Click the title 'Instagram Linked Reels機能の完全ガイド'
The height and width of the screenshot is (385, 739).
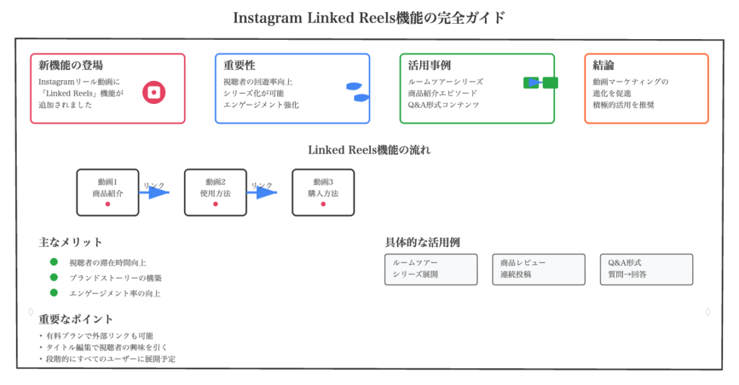[369, 17]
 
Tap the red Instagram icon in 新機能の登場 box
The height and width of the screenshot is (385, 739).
[154, 92]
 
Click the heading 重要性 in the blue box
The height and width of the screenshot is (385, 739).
[240, 66]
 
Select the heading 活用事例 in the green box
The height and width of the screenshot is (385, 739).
[429, 66]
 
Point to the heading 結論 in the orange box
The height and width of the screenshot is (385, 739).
[603, 66]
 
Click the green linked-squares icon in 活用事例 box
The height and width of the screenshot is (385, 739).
[541, 82]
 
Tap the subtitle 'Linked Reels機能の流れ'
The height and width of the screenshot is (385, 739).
[369, 150]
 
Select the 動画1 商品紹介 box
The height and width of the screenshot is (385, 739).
[108, 192]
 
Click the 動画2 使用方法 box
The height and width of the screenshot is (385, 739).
[215, 192]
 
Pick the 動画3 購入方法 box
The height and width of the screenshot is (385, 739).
[323, 192]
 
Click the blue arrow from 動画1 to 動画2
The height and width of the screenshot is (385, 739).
[156, 192]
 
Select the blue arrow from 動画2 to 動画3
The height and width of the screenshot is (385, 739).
[264, 192]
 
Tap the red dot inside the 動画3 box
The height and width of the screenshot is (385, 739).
[323, 204]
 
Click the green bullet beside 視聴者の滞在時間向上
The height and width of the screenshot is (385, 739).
[53, 262]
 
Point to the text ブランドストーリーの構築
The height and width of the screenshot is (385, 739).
[115, 278]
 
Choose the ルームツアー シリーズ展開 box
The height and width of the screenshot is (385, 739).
[431, 269]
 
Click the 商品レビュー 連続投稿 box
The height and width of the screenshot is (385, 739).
[538, 269]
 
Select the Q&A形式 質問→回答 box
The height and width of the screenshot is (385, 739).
[646, 269]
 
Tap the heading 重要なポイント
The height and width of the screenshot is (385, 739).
[76, 319]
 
